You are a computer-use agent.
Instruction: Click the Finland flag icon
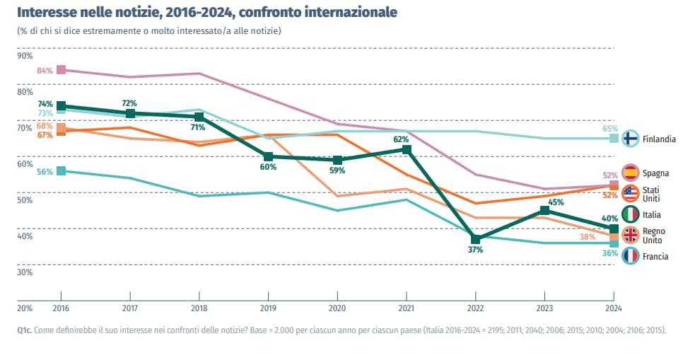(631, 139)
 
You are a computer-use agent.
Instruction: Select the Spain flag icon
(631, 173)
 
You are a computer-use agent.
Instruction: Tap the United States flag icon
(631, 193)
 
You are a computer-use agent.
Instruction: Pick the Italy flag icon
(631, 214)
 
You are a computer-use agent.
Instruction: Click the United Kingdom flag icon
(631, 236)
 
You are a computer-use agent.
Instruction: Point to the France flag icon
(631, 256)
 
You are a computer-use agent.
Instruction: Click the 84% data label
(45, 70)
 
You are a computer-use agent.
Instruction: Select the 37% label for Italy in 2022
(475, 250)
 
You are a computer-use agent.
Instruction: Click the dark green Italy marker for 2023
(544, 211)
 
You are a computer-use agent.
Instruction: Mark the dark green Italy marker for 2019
(268, 157)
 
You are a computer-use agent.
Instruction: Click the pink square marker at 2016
(61, 70)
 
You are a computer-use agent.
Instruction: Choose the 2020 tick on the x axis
(337, 308)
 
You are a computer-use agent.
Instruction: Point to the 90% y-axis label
(25, 56)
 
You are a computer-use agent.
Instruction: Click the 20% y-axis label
(25, 308)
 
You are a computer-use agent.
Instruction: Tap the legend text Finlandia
(659, 139)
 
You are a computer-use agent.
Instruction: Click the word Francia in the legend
(655, 257)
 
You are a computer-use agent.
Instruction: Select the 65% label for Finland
(610, 129)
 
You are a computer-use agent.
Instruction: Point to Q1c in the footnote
(26, 330)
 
